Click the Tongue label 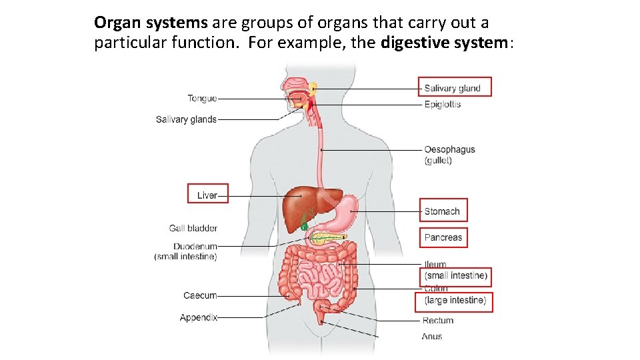click(x=202, y=99)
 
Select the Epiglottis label click(x=443, y=105)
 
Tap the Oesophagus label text click(x=449, y=150)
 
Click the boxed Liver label click(x=207, y=195)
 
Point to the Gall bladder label click(x=193, y=229)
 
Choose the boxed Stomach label click(x=443, y=211)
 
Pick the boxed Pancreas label click(x=443, y=237)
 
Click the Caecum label click(x=200, y=295)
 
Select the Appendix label click(x=199, y=318)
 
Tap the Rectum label click(x=438, y=321)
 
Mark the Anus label click(x=433, y=337)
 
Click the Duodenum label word click(x=195, y=247)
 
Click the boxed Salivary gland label click(x=452, y=88)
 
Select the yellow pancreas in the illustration click(x=327, y=237)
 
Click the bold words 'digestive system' click(x=445, y=43)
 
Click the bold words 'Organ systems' click(x=151, y=23)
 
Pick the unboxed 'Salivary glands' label click(x=186, y=120)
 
